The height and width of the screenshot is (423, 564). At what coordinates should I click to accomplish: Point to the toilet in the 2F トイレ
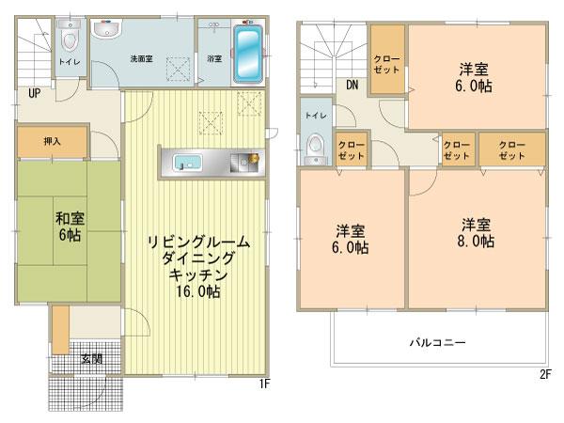(x=316, y=147)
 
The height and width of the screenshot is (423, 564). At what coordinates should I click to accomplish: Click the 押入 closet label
(x=53, y=142)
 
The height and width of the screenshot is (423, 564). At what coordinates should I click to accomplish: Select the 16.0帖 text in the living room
(x=196, y=292)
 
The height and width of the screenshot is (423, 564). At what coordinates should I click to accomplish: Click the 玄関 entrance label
(x=92, y=359)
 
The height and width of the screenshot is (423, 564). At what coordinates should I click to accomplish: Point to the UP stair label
(x=33, y=94)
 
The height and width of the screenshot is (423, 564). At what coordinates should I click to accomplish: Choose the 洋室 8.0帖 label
(x=478, y=232)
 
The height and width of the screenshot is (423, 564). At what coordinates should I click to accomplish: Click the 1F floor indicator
(x=267, y=385)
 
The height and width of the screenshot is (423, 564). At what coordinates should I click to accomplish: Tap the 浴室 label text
(x=214, y=58)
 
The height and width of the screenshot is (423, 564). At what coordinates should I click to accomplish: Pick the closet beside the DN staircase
(x=387, y=60)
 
